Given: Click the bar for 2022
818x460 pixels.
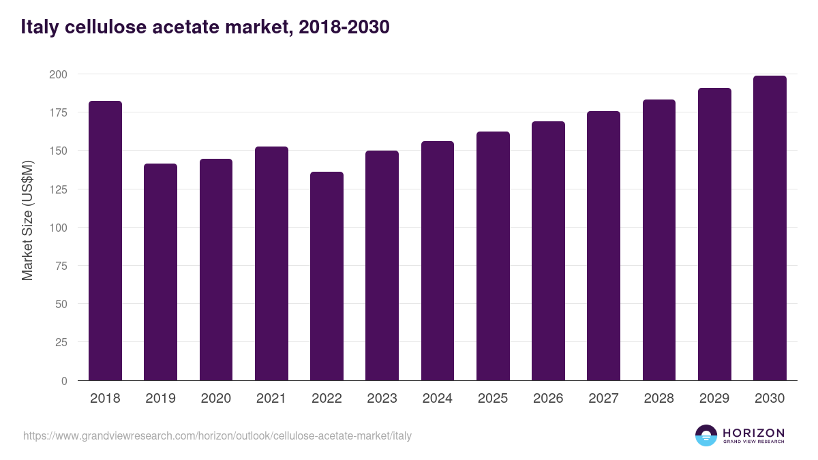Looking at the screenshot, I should [327, 276].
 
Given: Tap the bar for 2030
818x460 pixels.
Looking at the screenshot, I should [770, 228].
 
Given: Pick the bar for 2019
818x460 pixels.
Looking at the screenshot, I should [160, 272].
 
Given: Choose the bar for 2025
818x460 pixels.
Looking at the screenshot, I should [493, 256].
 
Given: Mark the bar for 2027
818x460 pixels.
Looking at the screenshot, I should [603, 246].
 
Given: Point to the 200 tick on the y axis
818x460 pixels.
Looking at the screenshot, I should [59, 74].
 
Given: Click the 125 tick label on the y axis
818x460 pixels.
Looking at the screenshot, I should [59, 189].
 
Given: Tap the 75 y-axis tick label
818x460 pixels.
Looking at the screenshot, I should [62, 266].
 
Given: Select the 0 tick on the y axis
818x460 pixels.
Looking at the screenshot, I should [65, 381].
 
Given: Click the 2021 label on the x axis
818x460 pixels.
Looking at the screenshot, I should [271, 399].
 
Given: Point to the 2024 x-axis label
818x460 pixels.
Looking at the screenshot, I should [437, 399].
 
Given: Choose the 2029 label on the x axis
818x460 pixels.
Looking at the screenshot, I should [714, 399].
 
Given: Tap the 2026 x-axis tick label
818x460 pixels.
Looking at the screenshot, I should [548, 399].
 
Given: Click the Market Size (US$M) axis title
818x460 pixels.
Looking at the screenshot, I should [27, 220].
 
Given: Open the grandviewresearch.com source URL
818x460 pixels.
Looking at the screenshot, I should [217, 435].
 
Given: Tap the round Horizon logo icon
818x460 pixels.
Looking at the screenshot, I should [706, 435].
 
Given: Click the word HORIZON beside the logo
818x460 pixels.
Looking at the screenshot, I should [753, 433].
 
